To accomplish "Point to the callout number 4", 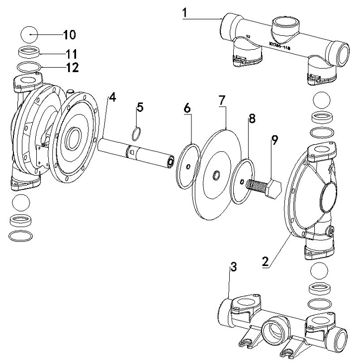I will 112,97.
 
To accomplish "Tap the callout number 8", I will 252,119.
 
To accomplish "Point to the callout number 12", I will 73,68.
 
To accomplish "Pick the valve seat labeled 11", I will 29,52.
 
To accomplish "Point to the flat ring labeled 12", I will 29,67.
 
